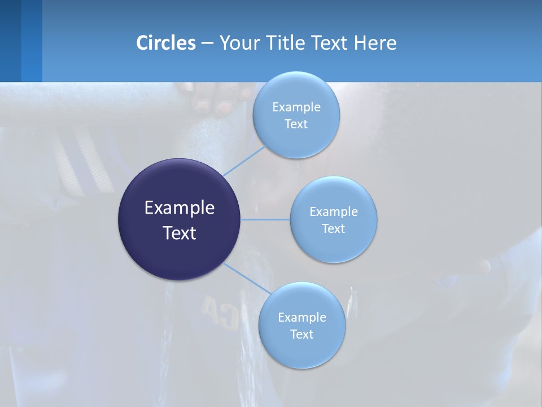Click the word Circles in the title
point(166,43)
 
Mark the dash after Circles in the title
point(207,44)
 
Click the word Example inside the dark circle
point(180,207)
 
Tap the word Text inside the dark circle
point(180,233)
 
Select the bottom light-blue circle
point(301,350)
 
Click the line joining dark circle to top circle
point(244,161)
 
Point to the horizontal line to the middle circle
point(265,219)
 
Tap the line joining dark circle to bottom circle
point(247,278)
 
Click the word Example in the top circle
point(296,107)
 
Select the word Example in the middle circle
point(334,211)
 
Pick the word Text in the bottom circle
point(301,334)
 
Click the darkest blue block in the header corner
point(10,41)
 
